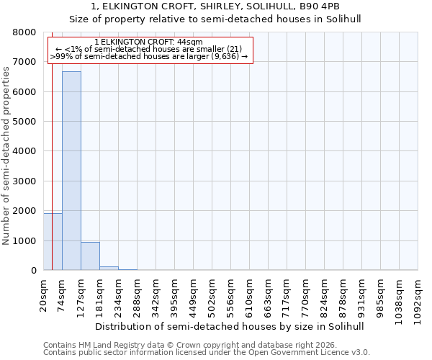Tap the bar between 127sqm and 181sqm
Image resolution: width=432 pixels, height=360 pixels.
(90, 256)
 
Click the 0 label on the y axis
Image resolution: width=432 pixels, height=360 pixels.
(32, 271)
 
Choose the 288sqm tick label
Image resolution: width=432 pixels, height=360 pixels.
(138, 295)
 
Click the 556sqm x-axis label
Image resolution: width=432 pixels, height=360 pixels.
(231, 295)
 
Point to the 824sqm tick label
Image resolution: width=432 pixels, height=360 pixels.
(325, 295)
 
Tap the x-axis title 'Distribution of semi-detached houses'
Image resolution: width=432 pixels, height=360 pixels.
(230, 326)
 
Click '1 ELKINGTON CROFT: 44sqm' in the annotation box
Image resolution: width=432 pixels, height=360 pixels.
(148, 42)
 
